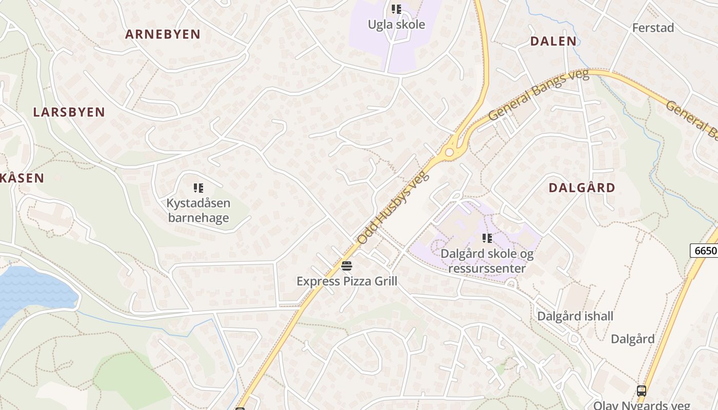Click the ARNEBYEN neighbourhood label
click(x=163, y=34)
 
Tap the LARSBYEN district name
click(x=69, y=112)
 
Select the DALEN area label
click(x=553, y=42)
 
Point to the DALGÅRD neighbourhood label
click(x=582, y=188)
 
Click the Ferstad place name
click(x=653, y=28)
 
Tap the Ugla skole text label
click(x=396, y=24)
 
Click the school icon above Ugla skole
click(x=396, y=9)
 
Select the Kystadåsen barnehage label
click(x=198, y=211)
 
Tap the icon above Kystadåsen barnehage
click(x=198, y=188)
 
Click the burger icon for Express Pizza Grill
click(x=347, y=266)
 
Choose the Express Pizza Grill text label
click(x=347, y=281)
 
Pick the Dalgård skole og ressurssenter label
click(x=487, y=261)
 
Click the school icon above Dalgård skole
click(x=487, y=238)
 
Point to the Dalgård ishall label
click(x=575, y=316)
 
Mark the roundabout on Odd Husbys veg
click(x=450, y=152)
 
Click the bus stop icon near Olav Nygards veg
click(x=641, y=391)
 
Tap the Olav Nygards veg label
click(x=641, y=405)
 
